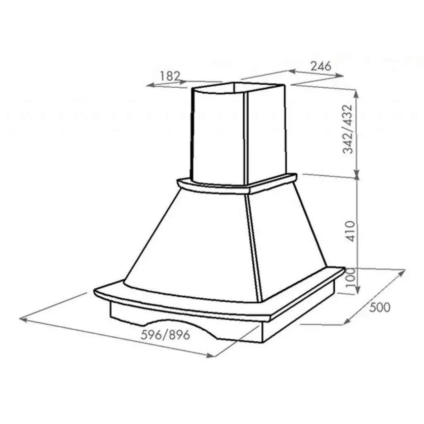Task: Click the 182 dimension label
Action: (x=170, y=76)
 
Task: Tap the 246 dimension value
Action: (x=321, y=66)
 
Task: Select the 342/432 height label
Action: (x=348, y=129)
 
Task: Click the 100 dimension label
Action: (x=351, y=278)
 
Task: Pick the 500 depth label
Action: (x=380, y=308)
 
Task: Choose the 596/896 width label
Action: (x=166, y=335)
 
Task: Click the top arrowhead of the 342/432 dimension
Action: (x=356, y=94)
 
